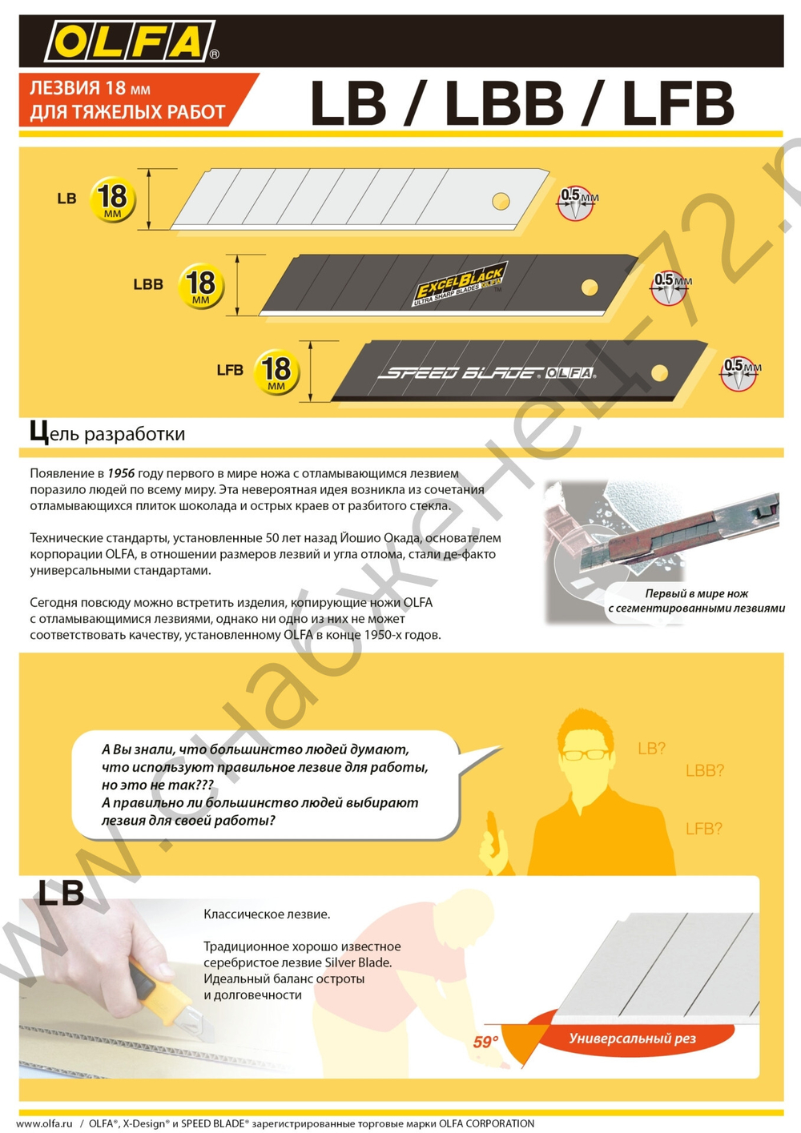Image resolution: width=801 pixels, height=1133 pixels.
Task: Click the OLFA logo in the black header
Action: click(x=131, y=42)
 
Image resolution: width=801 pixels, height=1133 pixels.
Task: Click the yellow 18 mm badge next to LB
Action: click(x=112, y=199)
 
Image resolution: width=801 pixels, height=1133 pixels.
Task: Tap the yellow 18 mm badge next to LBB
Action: click(x=200, y=286)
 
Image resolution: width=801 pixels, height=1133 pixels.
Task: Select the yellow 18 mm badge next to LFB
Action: click(x=276, y=372)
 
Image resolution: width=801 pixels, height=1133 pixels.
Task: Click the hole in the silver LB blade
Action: click(x=501, y=201)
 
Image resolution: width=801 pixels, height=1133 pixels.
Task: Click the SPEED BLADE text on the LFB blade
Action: click(x=461, y=373)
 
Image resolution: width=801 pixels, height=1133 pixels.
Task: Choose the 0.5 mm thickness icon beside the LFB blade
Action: click(x=739, y=373)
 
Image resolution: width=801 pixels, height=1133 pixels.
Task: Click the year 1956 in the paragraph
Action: click(x=121, y=474)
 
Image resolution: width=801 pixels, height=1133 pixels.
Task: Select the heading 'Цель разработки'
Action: click(x=107, y=433)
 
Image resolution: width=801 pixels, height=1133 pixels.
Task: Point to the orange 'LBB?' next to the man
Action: click(x=704, y=771)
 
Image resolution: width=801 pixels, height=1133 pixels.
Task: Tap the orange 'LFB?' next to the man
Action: click(x=703, y=829)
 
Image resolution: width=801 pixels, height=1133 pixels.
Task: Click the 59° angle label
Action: click(x=485, y=1042)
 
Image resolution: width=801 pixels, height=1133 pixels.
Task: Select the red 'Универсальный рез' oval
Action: click(x=633, y=1039)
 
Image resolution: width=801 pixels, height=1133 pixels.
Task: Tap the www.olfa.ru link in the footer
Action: click(x=45, y=1123)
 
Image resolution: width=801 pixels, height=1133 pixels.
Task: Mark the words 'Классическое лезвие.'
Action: click(x=267, y=914)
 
